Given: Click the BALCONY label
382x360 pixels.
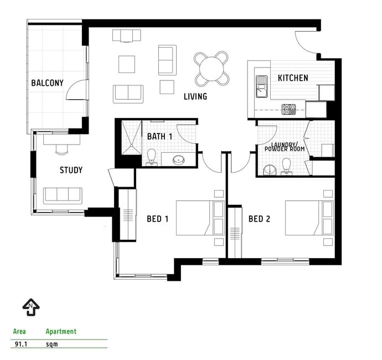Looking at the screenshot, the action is [47, 83].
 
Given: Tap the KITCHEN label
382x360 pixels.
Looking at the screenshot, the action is [293, 78].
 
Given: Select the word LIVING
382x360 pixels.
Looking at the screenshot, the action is [195, 96].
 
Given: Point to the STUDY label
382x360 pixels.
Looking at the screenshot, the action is [71, 170].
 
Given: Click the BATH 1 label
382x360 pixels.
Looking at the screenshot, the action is [160, 136].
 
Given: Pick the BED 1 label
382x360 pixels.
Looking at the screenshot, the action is [158, 219].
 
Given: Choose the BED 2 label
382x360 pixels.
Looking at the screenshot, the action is [260, 219].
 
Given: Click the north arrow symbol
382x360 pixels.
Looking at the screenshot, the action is [31, 307].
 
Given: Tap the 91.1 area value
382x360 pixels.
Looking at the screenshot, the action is [21, 344].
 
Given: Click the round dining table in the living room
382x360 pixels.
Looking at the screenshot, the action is [211, 69].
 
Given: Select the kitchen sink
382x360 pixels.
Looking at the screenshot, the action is [262, 86].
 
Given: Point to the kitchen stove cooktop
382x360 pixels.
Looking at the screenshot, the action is [288, 110].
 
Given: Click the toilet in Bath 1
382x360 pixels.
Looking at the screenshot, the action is [152, 157].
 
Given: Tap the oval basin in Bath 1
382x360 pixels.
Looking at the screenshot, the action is [179, 160].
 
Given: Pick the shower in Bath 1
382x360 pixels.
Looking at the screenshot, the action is [131, 137].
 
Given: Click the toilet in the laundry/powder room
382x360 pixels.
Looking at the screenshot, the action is [287, 167].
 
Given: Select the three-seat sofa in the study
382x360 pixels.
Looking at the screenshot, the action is [63, 196].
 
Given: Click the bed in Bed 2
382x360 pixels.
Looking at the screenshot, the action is [309, 218].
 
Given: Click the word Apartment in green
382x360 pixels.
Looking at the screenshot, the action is [61, 332].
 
